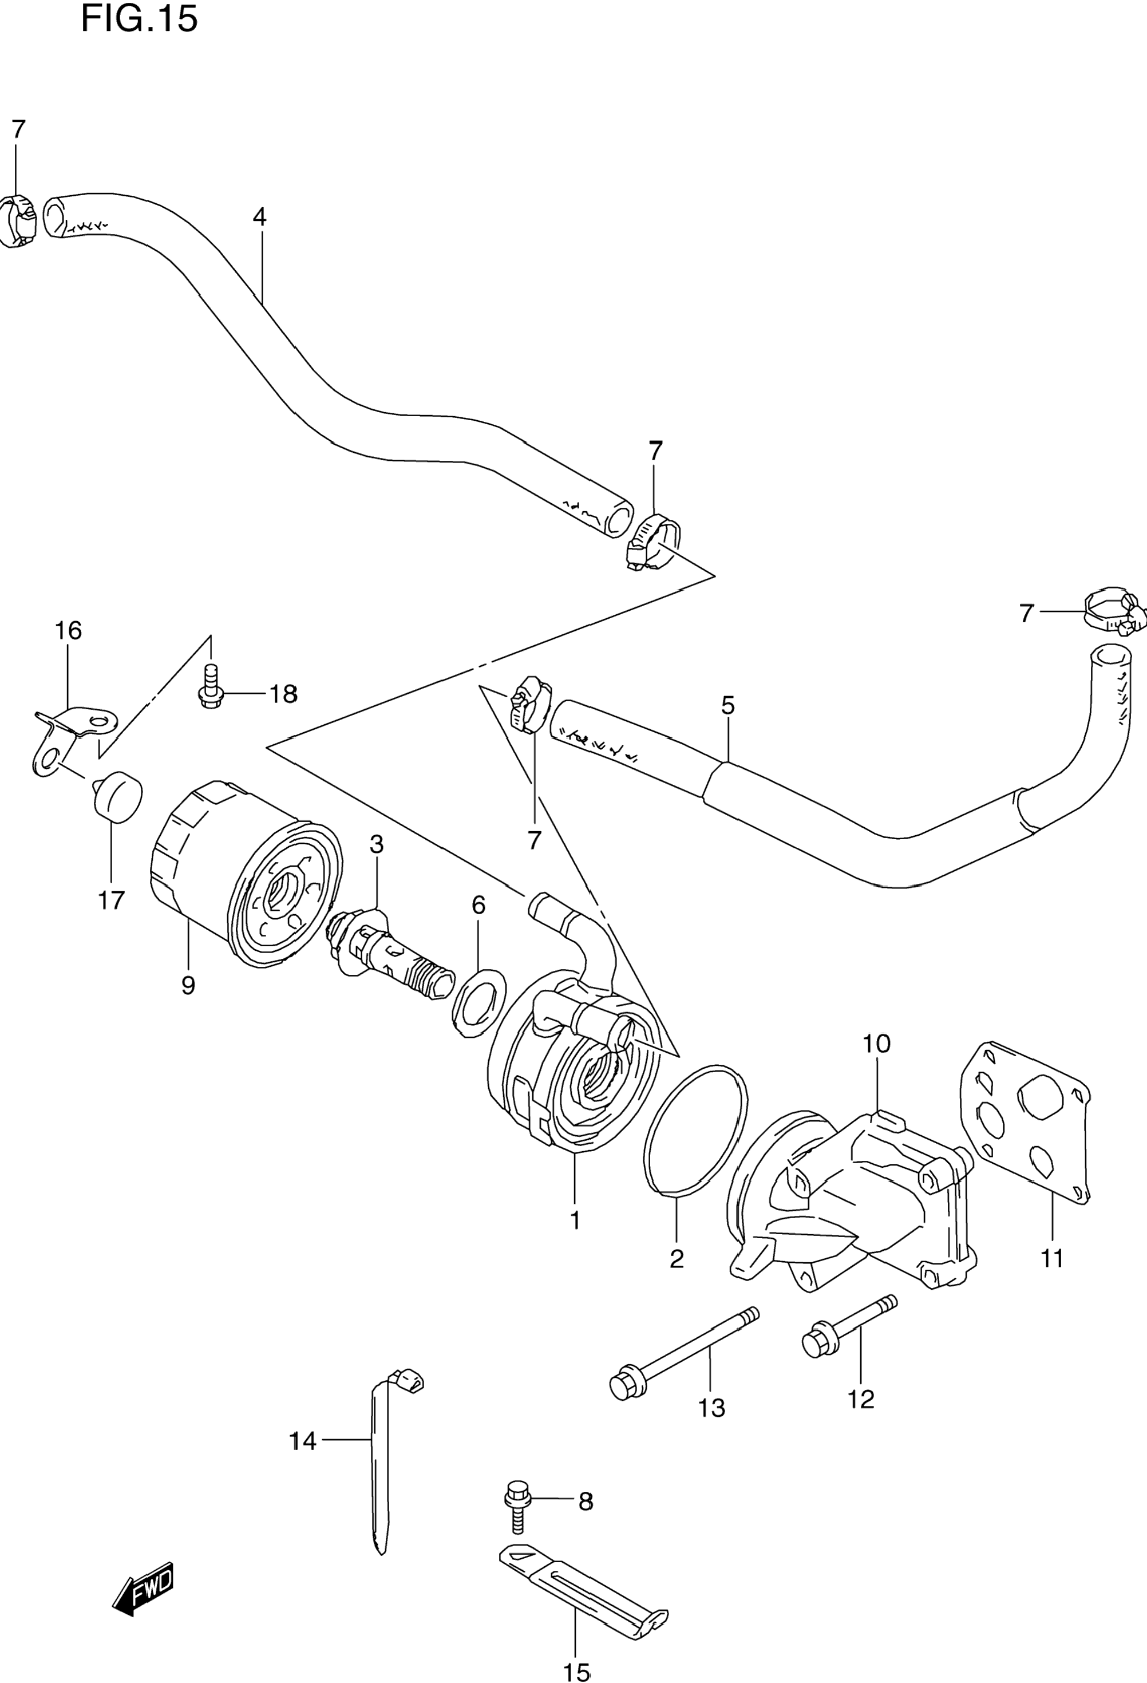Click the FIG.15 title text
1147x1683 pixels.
pos(139,19)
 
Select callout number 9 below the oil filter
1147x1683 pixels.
pos(188,986)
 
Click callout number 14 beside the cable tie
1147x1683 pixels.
pos(303,1442)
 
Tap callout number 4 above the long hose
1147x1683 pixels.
pos(259,218)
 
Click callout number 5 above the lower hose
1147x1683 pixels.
pos(727,705)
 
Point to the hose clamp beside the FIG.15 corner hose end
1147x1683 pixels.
pos(17,218)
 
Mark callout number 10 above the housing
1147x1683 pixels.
pos(876,1044)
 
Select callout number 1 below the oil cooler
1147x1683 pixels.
pos(575,1221)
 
